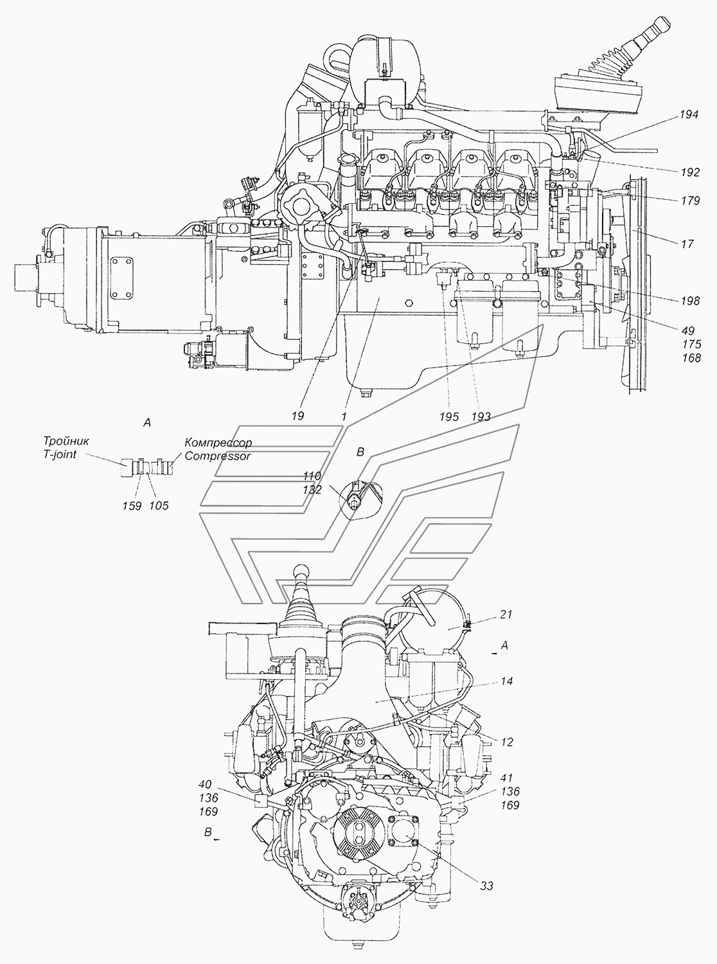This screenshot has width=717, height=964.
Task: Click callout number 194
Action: [x=689, y=114]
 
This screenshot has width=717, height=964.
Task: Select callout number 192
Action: [x=690, y=172]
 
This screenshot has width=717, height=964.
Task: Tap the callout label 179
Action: [x=690, y=201]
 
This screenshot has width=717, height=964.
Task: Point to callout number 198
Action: [x=690, y=301]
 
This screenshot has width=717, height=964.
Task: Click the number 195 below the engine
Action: [x=449, y=416]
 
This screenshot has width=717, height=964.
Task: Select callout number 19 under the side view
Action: [x=297, y=416]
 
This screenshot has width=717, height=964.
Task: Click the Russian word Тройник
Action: [x=66, y=441]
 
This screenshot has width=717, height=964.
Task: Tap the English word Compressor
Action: [x=218, y=456]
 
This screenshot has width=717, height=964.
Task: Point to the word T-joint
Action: [x=60, y=454]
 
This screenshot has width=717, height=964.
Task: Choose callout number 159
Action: [x=132, y=506]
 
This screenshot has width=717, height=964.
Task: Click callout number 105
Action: [x=159, y=506]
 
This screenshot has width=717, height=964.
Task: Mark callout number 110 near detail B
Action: [x=312, y=476]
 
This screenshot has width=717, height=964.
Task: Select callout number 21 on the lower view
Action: [x=506, y=614]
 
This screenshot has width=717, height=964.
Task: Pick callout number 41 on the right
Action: [x=507, y=778]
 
